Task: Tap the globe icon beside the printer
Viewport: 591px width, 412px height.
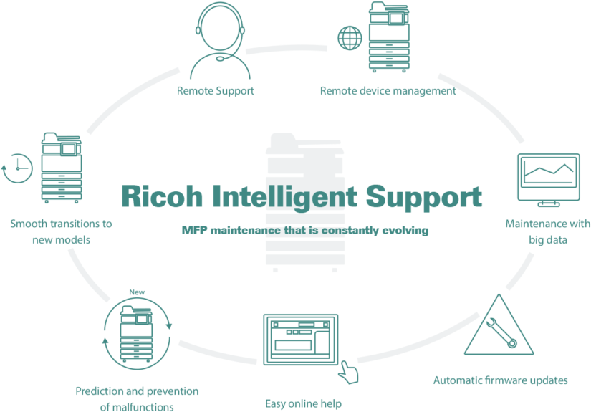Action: click(x=350, y=38)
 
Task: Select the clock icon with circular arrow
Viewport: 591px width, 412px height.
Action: click(x=17, y=168)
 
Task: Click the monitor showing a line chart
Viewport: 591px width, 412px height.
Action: click(x=549, y=180)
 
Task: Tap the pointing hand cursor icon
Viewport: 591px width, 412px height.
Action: click(x=348, y=373)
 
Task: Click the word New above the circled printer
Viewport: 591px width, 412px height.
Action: click(x=137, y=292)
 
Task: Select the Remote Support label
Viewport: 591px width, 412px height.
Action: click(x=216, y=91)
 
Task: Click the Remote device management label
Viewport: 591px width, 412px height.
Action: click(x=388, y=91)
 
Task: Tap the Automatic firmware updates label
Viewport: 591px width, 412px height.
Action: click(x=501, y=380)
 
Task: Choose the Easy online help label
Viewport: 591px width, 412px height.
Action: click(x=304, y=403)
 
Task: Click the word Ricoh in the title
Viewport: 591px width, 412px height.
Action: click(x=162, y=196)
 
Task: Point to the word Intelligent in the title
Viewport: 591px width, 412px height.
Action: click(x=285, y=197)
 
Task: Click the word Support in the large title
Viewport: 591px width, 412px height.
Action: click(x=424, y=198)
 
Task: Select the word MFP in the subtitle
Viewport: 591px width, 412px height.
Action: click(x=194, y=230)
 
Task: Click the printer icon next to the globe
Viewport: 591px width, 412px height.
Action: click(x=389, y=37)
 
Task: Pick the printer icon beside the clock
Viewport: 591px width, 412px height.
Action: click(x=62, y=168)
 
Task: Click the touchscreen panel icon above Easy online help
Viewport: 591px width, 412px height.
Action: click(x=300, y=339)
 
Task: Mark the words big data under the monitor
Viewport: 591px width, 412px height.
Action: click(x=548, y=240)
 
